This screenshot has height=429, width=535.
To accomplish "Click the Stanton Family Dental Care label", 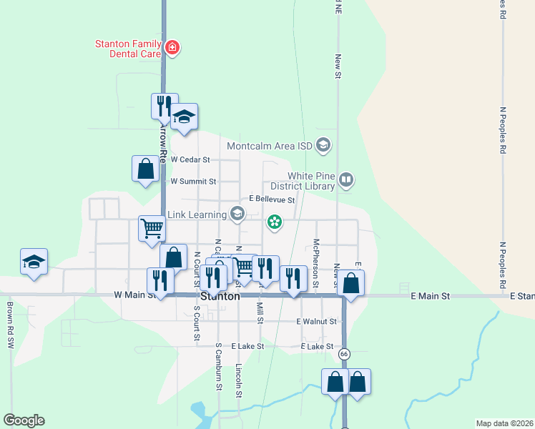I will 128,49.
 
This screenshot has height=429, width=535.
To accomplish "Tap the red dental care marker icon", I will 172,48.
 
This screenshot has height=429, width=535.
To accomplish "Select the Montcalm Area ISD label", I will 270,146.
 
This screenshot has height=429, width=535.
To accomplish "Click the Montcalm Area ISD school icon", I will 323,146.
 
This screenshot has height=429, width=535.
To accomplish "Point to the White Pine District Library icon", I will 346,179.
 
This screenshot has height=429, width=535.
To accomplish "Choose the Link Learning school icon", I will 237,214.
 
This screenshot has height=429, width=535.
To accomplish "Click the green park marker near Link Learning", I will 274,222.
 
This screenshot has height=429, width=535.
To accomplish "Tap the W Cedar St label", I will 190,159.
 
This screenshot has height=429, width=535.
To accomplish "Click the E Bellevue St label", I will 272,200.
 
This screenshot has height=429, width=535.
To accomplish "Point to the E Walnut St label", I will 318,322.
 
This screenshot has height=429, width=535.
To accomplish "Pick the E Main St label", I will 430,295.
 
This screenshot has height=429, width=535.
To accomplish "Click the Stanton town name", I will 220,296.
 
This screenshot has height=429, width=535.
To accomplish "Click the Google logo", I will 24,420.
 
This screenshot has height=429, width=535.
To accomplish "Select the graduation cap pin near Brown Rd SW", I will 34,262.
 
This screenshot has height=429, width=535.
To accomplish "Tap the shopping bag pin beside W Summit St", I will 145,169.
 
